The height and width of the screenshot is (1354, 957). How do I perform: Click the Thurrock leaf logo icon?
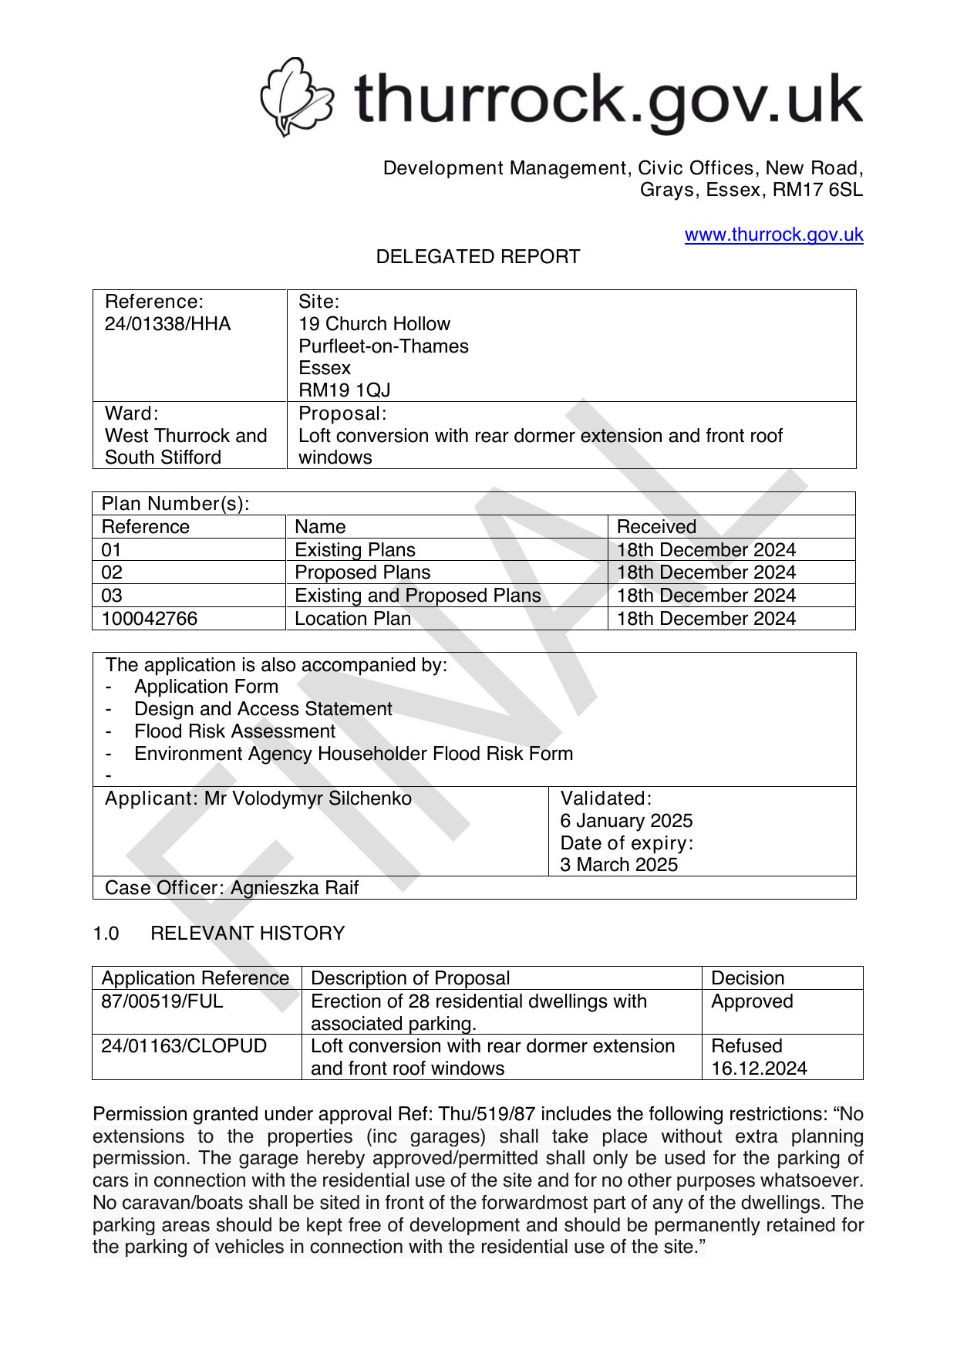(x=296, y=96)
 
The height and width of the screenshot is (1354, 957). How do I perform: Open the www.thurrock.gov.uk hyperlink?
(x=773, y=235)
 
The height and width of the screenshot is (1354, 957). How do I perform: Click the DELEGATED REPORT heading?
(x=477, y=257)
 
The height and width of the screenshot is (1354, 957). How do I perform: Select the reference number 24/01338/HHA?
(x=167, y=324)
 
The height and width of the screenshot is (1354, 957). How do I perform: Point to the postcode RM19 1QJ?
(x=344, y=390)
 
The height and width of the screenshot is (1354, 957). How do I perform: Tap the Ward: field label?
(x=131, y=414)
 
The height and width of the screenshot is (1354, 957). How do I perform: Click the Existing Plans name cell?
(x=355, y=550)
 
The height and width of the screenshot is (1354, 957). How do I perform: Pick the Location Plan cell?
(x=352, y=619)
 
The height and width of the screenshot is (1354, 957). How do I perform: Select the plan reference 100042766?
(x=149, y=619)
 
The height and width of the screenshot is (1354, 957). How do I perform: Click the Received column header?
(x=656, y=527)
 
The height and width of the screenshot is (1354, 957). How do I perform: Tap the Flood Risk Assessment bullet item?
(x=234, y=731)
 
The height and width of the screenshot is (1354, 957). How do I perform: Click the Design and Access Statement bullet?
(x=263, y=709)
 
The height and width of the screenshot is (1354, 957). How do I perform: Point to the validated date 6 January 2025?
(x=626, y=821)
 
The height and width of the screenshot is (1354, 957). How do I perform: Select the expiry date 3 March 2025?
(x=618, y=865)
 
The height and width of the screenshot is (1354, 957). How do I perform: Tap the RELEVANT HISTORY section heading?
(x=248, y=934)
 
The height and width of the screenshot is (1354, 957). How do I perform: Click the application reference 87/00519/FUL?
(x=162, y=1001)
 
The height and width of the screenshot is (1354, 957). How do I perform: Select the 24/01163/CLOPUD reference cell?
(x=184, y=1046)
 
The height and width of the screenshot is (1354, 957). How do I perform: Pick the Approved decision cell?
(x=752, y=1001)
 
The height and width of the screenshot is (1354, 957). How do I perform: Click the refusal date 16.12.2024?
(x=759, y=1069)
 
